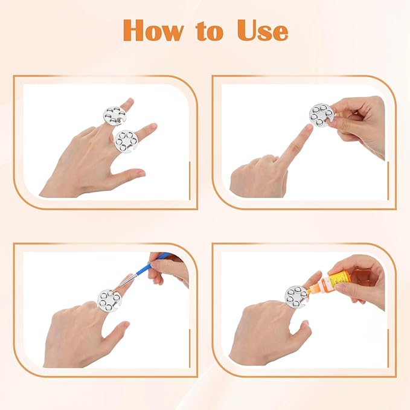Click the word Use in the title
pos(263,30)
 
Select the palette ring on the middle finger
pos(115,116)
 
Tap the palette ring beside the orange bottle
pos(296,297)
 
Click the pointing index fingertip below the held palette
pos(308,128)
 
